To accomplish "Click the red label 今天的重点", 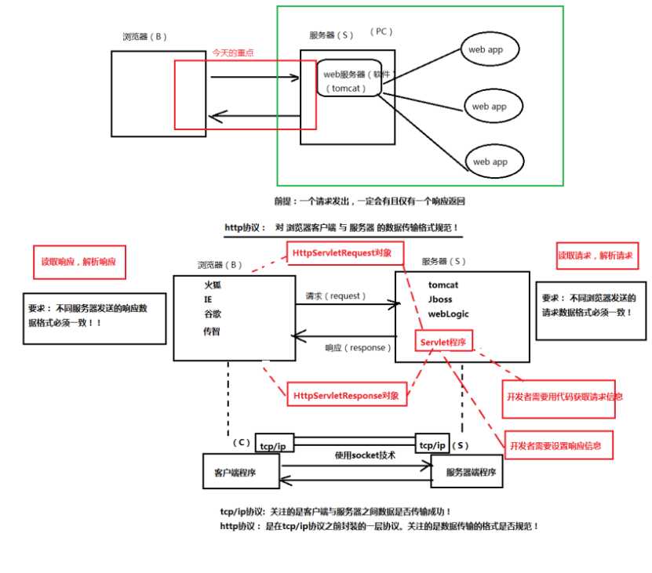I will [233, 53].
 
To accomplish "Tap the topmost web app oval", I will [491, 50].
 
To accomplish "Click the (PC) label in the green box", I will [381, 32].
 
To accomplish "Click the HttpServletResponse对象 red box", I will [346, 396].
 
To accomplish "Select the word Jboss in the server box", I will [440, 299].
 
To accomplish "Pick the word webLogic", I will [449, 314].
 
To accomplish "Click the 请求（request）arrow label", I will [337, 296].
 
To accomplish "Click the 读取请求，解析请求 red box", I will [596, 256].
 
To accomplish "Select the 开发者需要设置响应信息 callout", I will [556, 446].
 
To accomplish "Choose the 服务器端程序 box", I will [466, 473].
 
